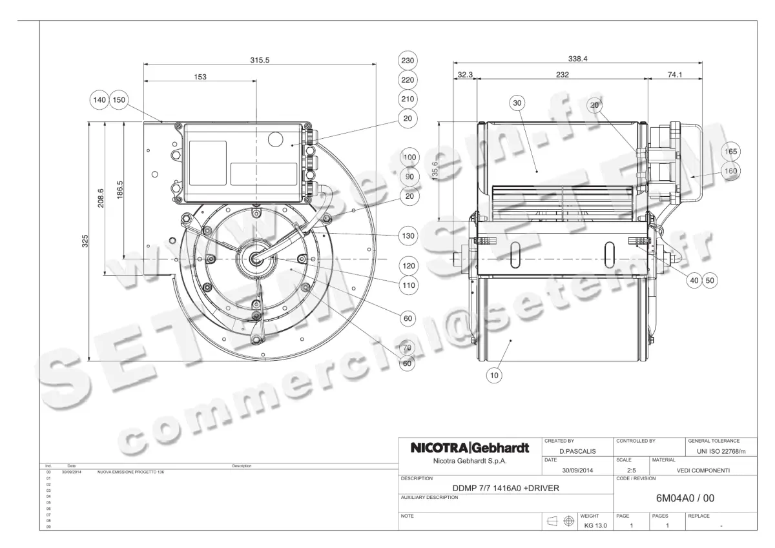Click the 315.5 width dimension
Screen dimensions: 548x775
tap(260, 59)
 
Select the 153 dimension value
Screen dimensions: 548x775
tap(200, 77)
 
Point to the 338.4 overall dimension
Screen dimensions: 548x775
tap(577, 59)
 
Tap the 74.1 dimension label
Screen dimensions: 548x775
tap(675, 75)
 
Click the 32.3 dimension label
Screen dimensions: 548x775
tap(465, 75)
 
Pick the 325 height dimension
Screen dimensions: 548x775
tap(85, 241)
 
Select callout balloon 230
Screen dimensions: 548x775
tap(408, 61)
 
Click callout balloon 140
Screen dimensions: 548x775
tap(99, 100)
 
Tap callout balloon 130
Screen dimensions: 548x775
tap(408, 236)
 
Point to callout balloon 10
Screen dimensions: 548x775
tap(495, 374)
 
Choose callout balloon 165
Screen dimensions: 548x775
tap(730, 152)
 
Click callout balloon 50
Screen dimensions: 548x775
tap(710, 281)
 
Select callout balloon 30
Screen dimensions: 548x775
tap(517, 103)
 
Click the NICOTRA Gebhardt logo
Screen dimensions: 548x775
tap(470, 448)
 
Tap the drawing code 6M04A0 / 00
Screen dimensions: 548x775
tap(685, 498)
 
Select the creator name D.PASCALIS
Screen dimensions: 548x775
tap(577, 451)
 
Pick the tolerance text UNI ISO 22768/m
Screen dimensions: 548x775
tap(721, 451)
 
